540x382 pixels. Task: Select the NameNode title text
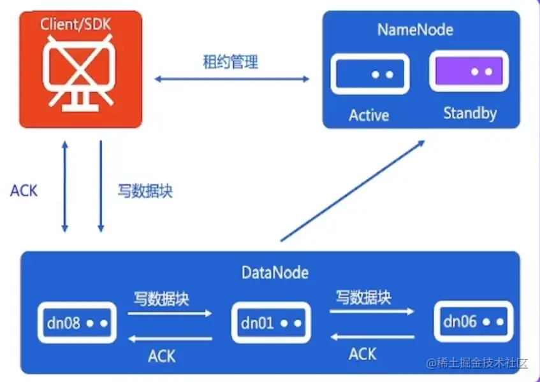click(x=415, y=29)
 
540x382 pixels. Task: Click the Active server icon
click(x=369, y=74)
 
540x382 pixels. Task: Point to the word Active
click(x=369, y=115)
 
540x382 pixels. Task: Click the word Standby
click(x=470, y=113)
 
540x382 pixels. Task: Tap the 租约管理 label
click(x=230, y=62)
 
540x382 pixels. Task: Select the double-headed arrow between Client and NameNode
click(x=232, y=79)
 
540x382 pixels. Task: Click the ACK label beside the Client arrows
click(x=24, y=190)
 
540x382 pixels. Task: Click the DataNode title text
click(x=275, y=273)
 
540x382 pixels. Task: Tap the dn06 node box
click(x=473, y=322)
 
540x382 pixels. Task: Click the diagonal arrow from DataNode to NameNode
click(x=353, y=190)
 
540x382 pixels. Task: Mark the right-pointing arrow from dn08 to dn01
click(x=170, y=313)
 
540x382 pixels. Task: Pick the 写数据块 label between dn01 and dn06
click(x=363, y=297)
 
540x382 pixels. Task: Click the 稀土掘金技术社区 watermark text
click(x=478, y=364)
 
